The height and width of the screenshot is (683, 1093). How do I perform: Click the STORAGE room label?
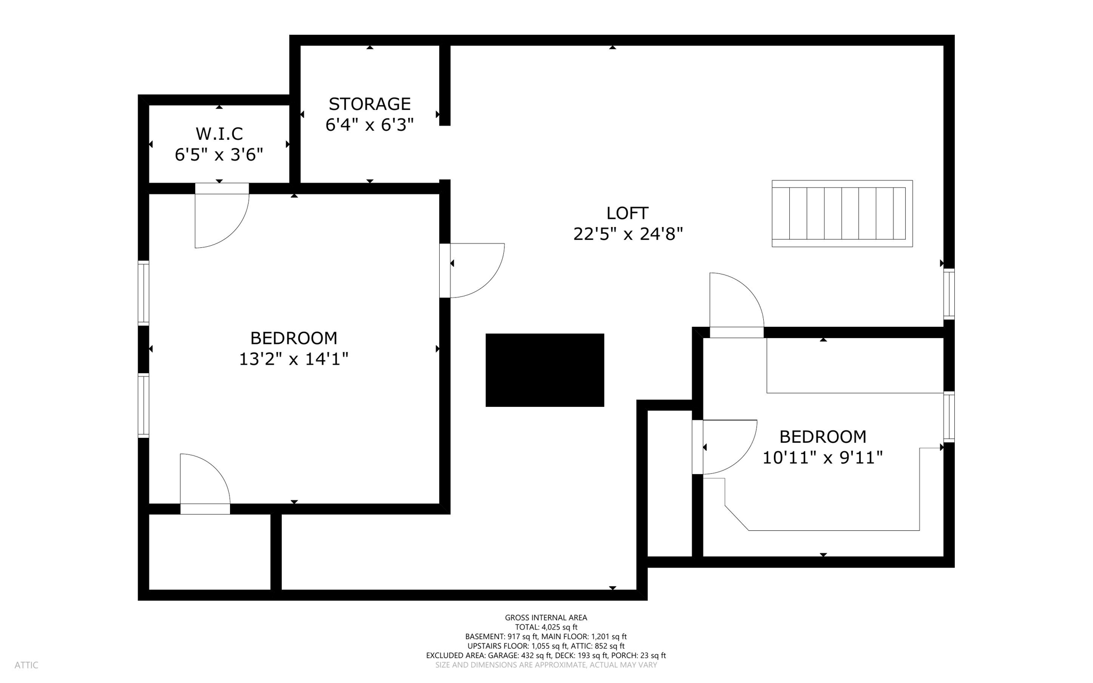[x=369, y=104]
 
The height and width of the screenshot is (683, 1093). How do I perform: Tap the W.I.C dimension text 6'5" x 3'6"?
[x=219, y=155]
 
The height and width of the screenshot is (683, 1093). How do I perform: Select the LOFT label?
[x=627, y=213]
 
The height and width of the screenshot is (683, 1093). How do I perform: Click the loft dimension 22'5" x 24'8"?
[x=628, y=234]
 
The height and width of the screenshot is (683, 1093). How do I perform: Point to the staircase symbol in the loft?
[x=842, y=214]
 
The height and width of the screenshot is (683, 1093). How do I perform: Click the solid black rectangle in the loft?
[x=544, y=370]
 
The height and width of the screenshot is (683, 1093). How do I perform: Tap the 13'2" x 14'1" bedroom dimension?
[x=293, y=359]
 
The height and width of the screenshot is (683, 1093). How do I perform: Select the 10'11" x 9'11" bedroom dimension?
[x=822, y=458]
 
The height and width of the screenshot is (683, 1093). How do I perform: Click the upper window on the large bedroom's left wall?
[x=143, y=293]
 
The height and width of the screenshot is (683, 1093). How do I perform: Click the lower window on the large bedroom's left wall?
[x=143, y=405]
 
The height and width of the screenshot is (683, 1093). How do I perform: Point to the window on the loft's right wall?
[x=948, y=294]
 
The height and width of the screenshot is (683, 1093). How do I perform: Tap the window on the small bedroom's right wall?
[x=948, y=417]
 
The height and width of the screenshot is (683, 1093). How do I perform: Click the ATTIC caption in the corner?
[x=26, y=665]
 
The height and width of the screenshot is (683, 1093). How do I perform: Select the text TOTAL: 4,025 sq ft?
[x=546, y=627]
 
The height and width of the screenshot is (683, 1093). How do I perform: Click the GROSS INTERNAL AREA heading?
[x=546, y=617]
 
